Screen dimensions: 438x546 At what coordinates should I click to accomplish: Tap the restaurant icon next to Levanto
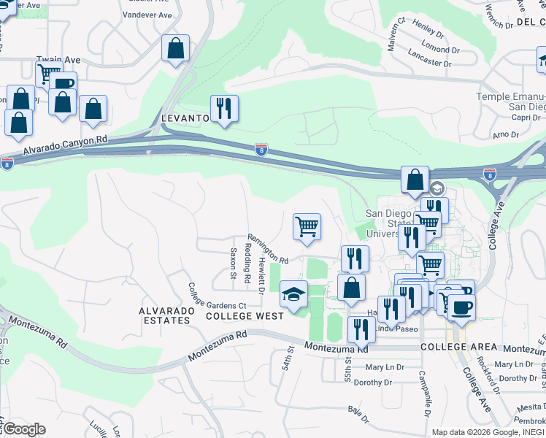[224, 109]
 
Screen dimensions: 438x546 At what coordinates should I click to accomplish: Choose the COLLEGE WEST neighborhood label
[244, 316]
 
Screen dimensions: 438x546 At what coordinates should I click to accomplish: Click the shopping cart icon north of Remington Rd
[307, 226]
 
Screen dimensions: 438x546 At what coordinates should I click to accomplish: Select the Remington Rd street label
[268, 248]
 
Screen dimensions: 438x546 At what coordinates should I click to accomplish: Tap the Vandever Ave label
[147, 15]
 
